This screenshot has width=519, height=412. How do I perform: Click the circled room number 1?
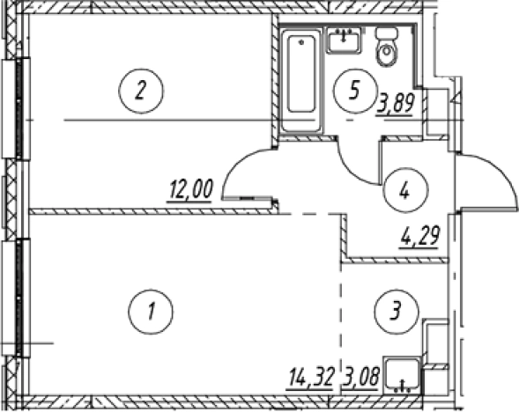(x=151, y=312)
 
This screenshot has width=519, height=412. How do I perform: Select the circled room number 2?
(x=141, y=91)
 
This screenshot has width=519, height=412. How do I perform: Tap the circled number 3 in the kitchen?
(x=397, y=312)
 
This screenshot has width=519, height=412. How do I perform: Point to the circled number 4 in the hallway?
(x=405, y=190)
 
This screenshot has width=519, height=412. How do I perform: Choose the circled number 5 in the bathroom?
(x=355, y=91)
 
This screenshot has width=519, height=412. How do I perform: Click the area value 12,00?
(x=190, y=190)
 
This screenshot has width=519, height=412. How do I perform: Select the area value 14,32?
(x=310, y=378)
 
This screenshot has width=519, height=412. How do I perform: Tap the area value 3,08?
(x=361, y=378)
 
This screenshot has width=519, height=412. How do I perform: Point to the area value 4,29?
(x=419, y=237)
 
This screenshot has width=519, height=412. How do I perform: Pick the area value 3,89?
(x=395, y=104)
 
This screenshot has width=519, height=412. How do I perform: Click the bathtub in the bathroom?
(x=300, y=79)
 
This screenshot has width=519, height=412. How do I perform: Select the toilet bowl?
(x=386, y=51)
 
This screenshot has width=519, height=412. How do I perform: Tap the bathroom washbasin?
(x=345, y=40)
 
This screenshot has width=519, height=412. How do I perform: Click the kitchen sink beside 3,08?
(x=402, y=375)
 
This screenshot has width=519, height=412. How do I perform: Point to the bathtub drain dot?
(x=300, y=42)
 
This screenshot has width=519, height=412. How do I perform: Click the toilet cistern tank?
(x=387, y=33)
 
